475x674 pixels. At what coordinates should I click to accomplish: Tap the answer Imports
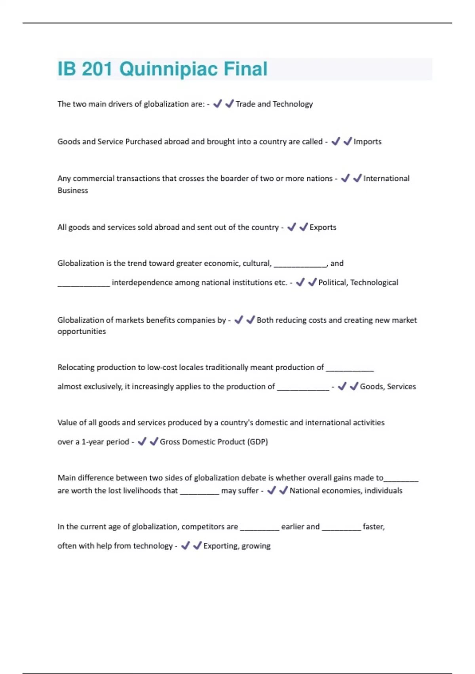click(x=367, y=142)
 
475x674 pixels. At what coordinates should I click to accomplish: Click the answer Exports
click(x=323, y=227)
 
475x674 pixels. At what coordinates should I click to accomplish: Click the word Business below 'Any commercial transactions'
click(x=73, y=190)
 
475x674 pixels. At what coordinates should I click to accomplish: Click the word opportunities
click(x=82, y=331)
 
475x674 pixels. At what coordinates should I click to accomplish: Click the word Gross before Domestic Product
click(x=170, y=442)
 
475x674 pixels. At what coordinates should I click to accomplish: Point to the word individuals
click(x=383, y=490)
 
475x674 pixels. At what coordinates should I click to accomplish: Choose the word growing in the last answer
click(x=256, y=546)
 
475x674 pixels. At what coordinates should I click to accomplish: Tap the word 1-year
click(x=94, y=442)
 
